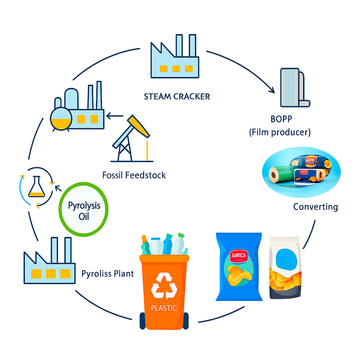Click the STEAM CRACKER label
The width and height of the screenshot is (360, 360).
[x=176, y=96]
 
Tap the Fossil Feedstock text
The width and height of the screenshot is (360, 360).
[x=134, y=175]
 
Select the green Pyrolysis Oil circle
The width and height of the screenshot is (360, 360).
[x=83, y=210]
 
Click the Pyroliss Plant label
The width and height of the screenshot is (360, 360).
[x=108, y=273]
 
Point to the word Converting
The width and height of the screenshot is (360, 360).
[x=315, y=206]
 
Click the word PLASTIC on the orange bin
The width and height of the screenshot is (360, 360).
[x=163, y=308]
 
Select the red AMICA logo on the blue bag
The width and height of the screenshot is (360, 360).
[x=239, y=256]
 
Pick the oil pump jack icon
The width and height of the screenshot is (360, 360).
[x=132, y=139]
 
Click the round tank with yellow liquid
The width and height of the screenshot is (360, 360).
[x=60, y=118]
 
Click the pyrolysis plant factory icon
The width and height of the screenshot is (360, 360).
[x=49, y=262]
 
